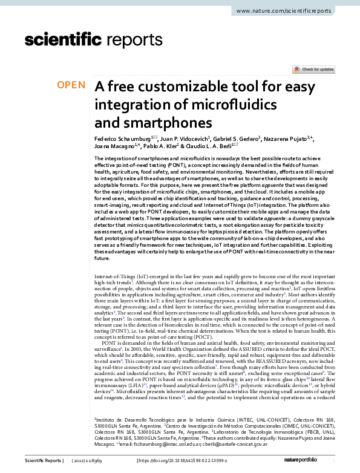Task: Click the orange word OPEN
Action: point(71,85)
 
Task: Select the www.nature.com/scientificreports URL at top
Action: point(286,11)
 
